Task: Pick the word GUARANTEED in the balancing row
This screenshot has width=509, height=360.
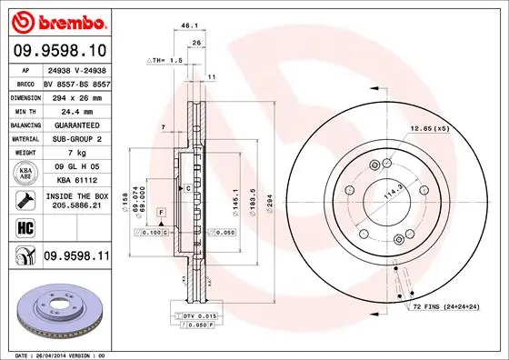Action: point(75,125)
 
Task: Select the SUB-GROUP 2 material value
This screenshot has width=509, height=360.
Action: point(75,139)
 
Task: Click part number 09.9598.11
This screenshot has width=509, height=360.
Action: point(76,258)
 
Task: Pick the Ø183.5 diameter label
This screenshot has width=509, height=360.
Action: point(250,196)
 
